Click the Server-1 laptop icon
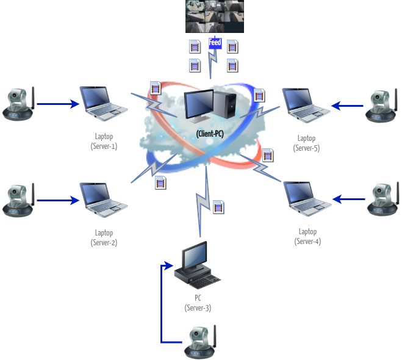(103, 103)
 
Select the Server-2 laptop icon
(103, 199)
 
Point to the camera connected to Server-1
(18, 104)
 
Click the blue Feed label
(215, 43)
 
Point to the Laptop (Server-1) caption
(103, 142)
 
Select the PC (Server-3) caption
(198, 303)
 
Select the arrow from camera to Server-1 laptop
(57, 104)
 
